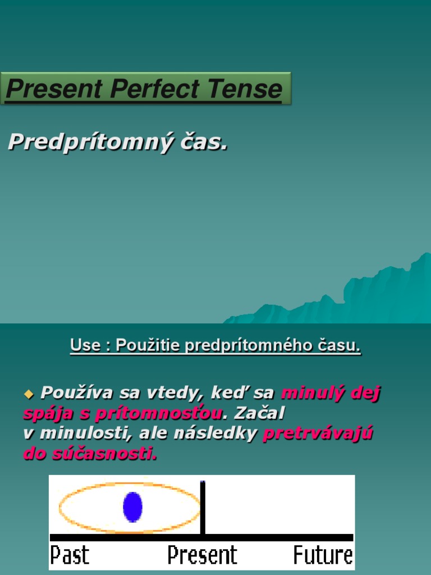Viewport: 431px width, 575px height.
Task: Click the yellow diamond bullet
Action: pyautogui.click(x=29, y=394)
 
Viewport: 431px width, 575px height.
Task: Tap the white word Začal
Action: pyautogui.click(x=259, y=413)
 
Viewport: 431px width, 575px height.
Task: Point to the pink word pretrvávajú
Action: pyautogui.click(x=318, y=433)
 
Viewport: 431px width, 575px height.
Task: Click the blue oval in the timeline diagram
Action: pyautogui.click(x=132, y=506)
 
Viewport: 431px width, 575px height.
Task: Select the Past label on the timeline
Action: pyautogui.click(x=70, y=555)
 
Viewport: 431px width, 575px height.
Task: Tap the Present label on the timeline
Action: pyautogui.click(x=202, y=555)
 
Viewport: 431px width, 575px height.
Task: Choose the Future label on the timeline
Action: pyautogui.click(x=323, y=555)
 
